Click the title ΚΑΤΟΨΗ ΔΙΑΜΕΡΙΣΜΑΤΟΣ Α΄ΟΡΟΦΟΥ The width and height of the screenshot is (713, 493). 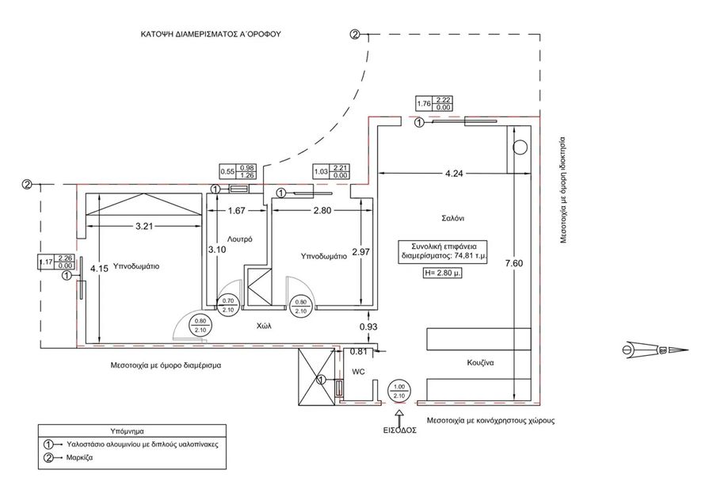[x=210, y=35]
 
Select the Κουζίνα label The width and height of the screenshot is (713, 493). [x=480, y=363]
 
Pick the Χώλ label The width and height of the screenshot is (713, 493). [x=264, y=325]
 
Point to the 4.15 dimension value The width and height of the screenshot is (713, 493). [x=99, y=269]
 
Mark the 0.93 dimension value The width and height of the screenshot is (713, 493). [x=368, y=327]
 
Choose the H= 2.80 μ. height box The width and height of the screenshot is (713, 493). [x=443, y=272]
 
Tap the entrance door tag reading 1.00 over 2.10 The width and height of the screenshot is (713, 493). [x=398, y=391]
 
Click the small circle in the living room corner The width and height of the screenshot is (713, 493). [x=520, y=147]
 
